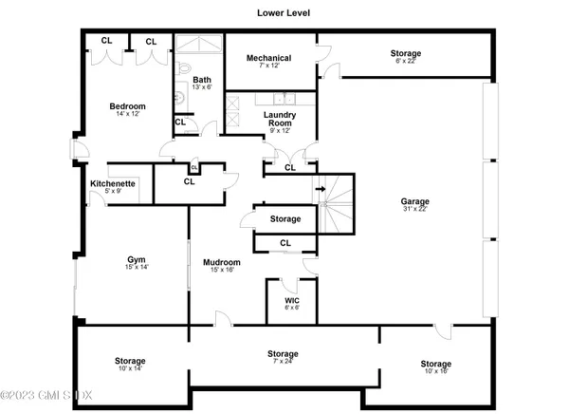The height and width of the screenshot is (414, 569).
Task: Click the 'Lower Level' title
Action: pyautogui.click(x=284, y=13)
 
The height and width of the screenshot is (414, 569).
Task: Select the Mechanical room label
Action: pyautogui.click(x=268, y=58)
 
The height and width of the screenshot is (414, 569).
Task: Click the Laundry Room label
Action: pyautogui.click(x=280, y=120)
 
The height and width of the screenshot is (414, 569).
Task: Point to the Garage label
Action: pyautogui.click(x=414, y=201)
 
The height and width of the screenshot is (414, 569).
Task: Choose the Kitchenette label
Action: pyautogui.click(x=113, y=182)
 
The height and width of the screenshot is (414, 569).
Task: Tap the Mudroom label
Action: pyautogui.click(x=223, y=262)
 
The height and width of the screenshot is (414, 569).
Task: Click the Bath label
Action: pyautogui.click(x=202, y=80)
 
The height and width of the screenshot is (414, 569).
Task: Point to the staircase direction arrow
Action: pyautogui.click(x=322, y=188)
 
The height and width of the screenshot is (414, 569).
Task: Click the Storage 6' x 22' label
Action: pyautogui.click(x=406, y=54)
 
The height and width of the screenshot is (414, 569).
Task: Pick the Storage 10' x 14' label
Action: pyautogui.click(x=130, y=361)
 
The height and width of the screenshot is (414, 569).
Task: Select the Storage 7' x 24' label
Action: pyautogui.click(x=283, y=353)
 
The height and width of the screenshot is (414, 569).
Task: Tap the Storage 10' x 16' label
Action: pyautogui.click(x=435, y=364)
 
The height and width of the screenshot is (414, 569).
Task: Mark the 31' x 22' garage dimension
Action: pyautogui.click(x=414, y=211)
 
